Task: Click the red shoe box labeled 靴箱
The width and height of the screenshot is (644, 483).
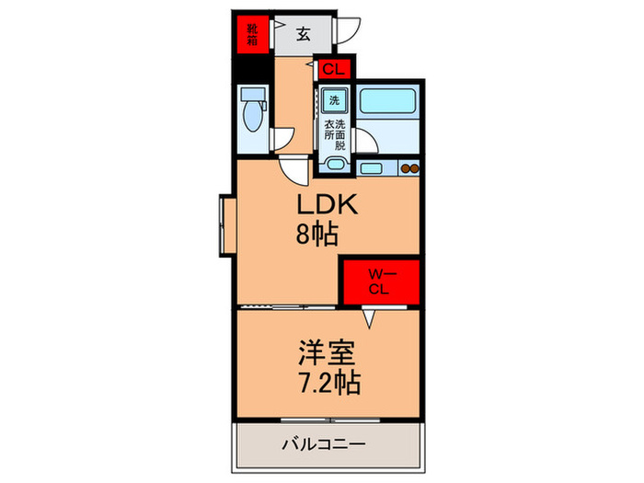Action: click(249, 34)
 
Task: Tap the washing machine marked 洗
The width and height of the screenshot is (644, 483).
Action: click(332, 99)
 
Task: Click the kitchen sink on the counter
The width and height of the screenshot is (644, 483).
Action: click(373, 167)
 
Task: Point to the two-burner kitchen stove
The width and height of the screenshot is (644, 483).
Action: click(409, 167)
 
